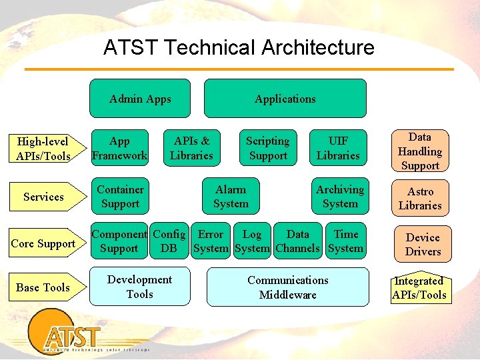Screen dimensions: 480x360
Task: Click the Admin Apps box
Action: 140,99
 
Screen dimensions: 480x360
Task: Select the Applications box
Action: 285,99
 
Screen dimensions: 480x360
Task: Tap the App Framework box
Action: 119,148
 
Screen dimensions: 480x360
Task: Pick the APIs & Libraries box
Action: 191,148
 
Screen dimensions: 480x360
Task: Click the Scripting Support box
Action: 267,148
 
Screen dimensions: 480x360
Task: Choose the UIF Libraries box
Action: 338,148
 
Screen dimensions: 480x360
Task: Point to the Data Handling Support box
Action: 420,151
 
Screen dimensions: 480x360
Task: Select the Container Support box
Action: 120,197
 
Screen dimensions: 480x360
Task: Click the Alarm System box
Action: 231,197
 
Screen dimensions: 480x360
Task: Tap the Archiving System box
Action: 340,197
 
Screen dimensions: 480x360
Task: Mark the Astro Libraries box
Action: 420,199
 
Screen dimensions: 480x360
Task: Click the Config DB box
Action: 169,241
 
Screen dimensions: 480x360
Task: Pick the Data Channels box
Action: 297,241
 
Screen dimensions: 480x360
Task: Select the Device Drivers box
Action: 423,244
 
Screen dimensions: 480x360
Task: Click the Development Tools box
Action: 139,287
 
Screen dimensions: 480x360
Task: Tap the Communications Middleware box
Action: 287,287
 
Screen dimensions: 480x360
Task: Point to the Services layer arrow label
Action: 43,197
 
